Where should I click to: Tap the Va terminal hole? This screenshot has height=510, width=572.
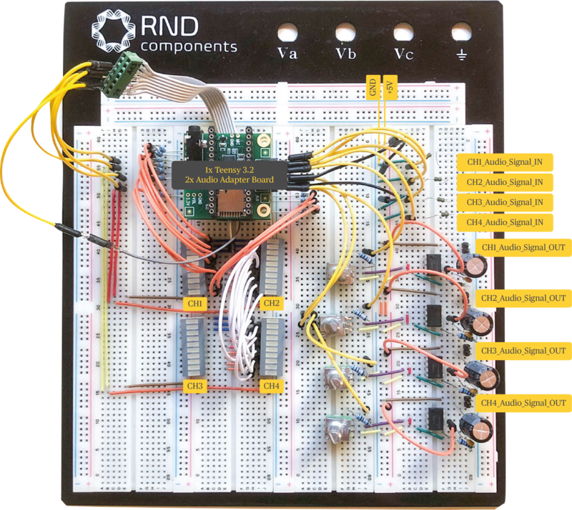pos(287,32)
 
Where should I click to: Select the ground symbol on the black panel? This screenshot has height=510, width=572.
pos(462,54)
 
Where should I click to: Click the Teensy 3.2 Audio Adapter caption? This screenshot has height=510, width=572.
pos(230,175)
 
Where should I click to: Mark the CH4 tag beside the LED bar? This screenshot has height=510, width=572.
pos(271,386)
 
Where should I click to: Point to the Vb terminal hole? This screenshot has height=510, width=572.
pos(345,32)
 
